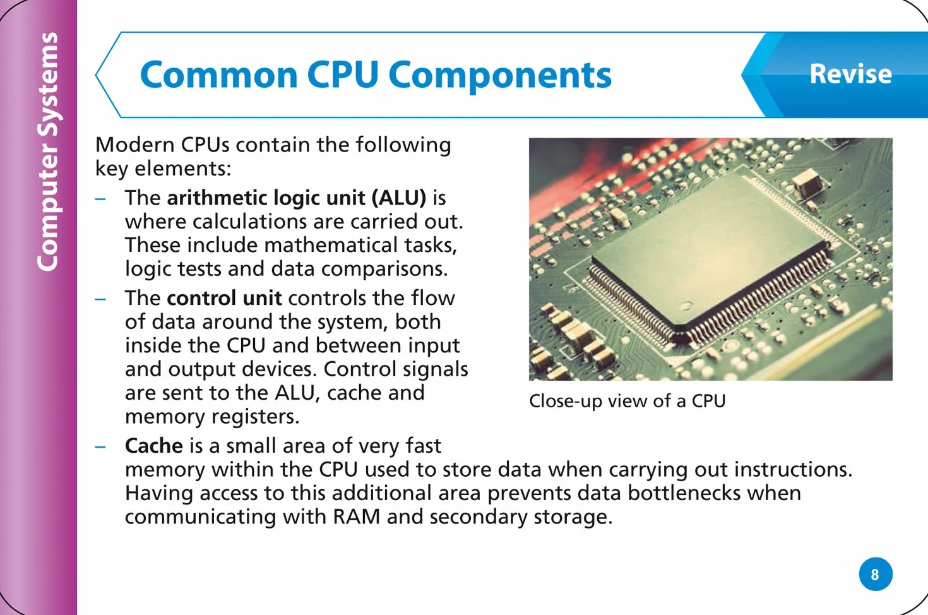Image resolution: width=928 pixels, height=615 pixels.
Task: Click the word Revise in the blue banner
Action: pyautogui.click(x=850, y=74)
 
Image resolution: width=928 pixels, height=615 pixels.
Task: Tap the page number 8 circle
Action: pyautogui.click(x=876, y=574)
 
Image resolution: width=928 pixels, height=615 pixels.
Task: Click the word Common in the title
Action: pyautogui.click(x=218, y=75)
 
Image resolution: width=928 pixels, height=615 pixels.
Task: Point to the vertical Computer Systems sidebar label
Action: pyautogui.click(x=47, y=152)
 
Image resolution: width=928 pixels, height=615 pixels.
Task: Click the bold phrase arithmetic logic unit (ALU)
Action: pyautogui.click(x=296, y=198)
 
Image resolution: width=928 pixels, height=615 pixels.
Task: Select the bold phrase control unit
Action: pyautogui.click(x=224, y=298)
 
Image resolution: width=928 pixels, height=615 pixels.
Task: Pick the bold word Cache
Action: pyautogui.click(x=153, y=446)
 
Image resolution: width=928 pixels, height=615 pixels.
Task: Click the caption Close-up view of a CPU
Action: pyautogui.click(x=628, y=401)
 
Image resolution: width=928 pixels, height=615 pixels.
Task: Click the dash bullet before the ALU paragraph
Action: pyautogui.click(x=100, y=200)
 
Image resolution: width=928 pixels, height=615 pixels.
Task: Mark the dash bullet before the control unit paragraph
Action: pyautogui.click(x=100, y=299)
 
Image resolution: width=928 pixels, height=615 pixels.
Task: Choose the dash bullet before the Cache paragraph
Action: pyautogui.click(x=100, y=447)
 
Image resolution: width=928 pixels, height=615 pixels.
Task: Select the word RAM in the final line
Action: pyautogui.click(x=356, y=516)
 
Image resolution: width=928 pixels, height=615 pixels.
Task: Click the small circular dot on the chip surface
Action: pyautogui.click(x=685, y=306)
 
